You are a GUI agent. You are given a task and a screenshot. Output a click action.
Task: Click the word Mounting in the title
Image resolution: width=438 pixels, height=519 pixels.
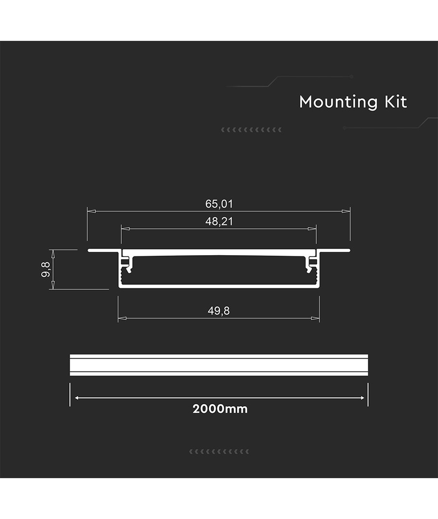[338, 102]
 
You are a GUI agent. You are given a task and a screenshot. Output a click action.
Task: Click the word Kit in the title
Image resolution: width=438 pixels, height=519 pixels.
[396, 101]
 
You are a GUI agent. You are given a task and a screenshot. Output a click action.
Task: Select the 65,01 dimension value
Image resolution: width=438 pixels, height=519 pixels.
[219, 204]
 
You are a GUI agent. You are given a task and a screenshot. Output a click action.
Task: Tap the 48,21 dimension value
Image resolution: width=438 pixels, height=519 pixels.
[219, 221]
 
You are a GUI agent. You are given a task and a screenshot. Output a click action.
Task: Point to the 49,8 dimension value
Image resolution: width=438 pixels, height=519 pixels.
[219, 311]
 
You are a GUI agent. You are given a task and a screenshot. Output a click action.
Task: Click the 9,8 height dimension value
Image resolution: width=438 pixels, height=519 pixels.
[45, 270]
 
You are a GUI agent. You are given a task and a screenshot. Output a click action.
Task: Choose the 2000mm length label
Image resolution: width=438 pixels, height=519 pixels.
[220, 409]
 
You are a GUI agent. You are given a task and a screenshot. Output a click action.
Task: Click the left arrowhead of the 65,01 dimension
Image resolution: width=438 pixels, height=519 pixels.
[91, 211]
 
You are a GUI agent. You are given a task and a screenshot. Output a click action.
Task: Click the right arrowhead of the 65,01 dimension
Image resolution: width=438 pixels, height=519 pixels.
[346, 211]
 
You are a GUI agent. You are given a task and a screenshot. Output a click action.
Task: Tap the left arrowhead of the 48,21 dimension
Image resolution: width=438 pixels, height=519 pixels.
[125, 228]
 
